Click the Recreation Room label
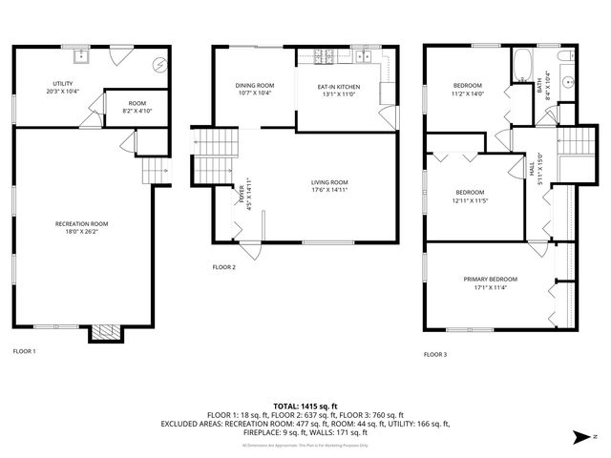(x=81, y=224)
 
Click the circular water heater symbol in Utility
(x=160, y=65)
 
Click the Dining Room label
(x=254, y=86)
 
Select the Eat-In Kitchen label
(x=338, y=87)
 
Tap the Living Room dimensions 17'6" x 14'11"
(x=329, y=192)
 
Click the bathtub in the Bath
(x=523, y=68)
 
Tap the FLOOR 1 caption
(x=24, y=352)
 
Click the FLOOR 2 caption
(x=223, y=267)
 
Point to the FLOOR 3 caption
(x=435, y=354)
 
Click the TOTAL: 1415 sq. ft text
(x=305, y=406)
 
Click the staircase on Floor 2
(x=216, y=156)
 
